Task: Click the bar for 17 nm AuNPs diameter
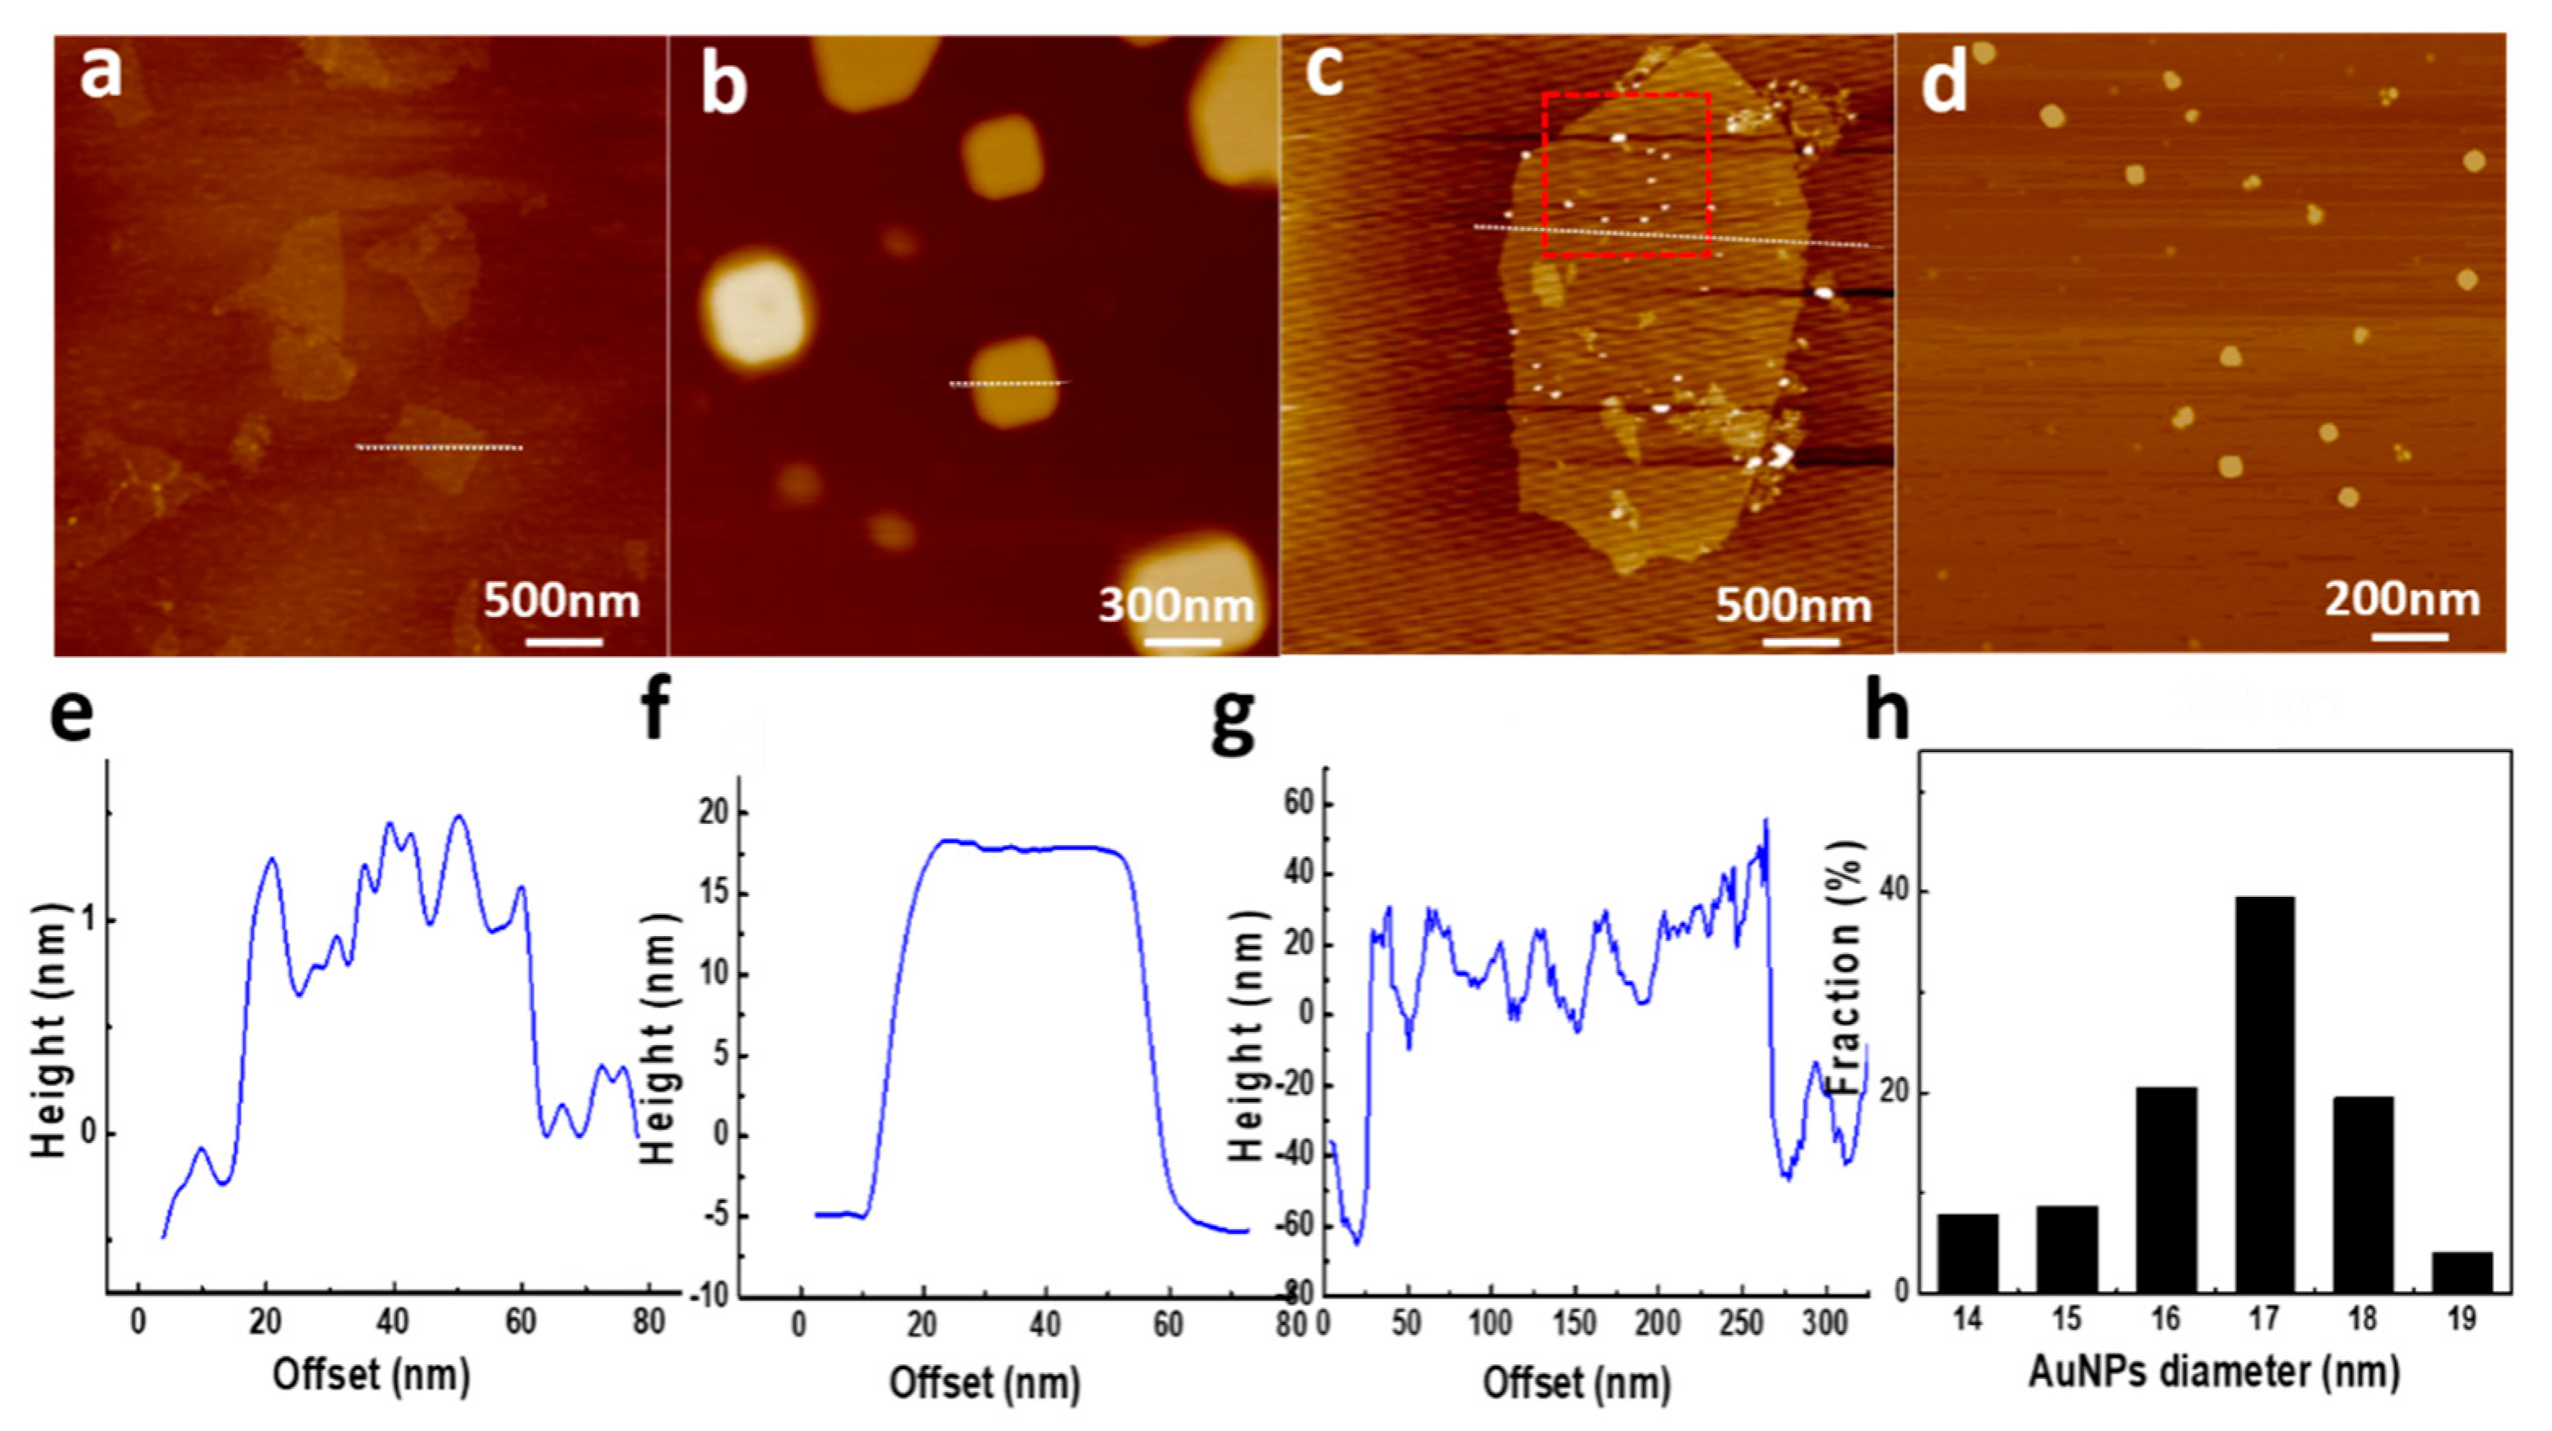(x=2264, y=1095)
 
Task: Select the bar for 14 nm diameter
(x=1968, y=1253)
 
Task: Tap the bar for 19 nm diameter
(x=2462, y=1272)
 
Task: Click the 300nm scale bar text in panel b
(x=1176, y=605)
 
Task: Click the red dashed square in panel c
(x=1626, y=95)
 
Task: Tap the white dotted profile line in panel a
(x=439, y=448)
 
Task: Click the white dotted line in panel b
(x=1008, y=383)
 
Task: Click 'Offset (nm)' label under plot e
(x=372, y=1376)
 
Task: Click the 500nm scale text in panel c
(x=1793, y=605)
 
